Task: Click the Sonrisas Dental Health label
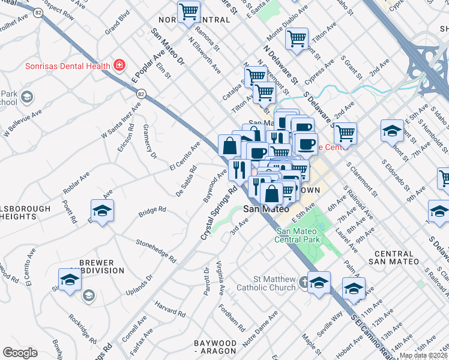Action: [x=67, y=66]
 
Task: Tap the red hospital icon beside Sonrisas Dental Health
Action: [x=120, y=65]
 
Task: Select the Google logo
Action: [x=20, y=353]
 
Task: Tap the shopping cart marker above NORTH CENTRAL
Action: [x=189, y=11]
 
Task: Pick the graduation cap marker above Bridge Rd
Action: [x=103, y=211]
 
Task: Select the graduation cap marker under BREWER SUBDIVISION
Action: [x=70, y=280]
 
